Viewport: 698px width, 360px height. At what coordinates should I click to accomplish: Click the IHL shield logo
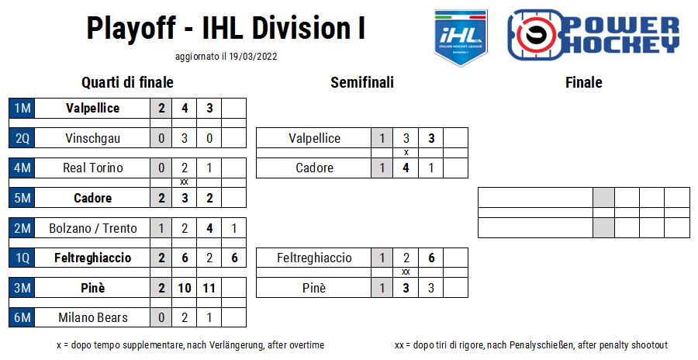461,38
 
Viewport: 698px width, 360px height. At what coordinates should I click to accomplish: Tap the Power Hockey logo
593,35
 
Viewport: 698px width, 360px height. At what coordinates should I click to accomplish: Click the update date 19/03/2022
253,57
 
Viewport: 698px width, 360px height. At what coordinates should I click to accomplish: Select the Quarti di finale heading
127,82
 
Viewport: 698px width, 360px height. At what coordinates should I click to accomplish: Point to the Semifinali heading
362,82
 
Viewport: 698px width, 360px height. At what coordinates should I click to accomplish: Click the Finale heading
583,82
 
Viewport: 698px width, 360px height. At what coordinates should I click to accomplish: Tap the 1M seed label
22,109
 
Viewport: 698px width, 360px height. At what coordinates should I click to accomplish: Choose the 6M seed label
22,317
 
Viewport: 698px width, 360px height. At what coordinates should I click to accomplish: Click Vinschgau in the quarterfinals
92,138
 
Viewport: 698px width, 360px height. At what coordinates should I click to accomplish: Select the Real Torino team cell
92,168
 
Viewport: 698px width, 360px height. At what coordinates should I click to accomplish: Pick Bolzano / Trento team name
92,228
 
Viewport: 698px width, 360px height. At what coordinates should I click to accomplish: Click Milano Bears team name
92,317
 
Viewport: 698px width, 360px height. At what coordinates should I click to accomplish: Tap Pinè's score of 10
185,288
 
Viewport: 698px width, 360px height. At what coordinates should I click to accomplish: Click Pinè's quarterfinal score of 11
209,288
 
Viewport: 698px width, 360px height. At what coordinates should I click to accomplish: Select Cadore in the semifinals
314,168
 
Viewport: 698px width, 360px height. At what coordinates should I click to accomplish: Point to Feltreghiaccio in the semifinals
314,258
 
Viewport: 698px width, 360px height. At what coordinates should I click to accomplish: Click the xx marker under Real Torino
184,182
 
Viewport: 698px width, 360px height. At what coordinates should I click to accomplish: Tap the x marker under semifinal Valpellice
406,152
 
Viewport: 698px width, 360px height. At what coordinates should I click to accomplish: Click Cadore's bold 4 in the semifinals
406,168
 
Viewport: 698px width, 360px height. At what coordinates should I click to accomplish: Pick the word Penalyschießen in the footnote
541,344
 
